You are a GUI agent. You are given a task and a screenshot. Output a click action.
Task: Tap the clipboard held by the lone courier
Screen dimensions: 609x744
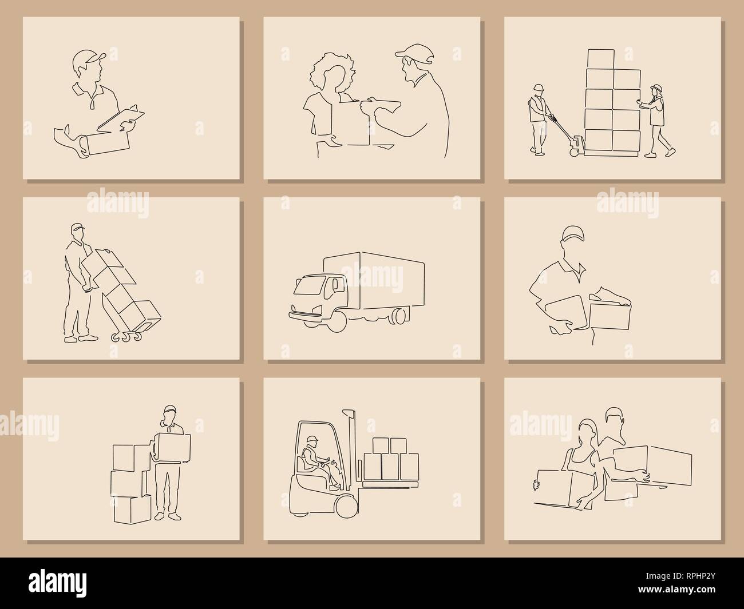click(121, 118)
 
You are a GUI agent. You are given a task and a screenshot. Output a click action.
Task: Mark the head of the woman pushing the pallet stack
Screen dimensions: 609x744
click(656, 90)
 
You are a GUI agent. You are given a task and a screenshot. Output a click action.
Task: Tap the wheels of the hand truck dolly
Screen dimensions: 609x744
click(127, 336)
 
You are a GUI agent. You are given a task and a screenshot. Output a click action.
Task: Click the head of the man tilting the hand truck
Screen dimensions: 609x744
click(78, 232)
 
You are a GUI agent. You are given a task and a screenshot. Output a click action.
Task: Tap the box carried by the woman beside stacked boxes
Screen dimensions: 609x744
click(174, 446)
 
